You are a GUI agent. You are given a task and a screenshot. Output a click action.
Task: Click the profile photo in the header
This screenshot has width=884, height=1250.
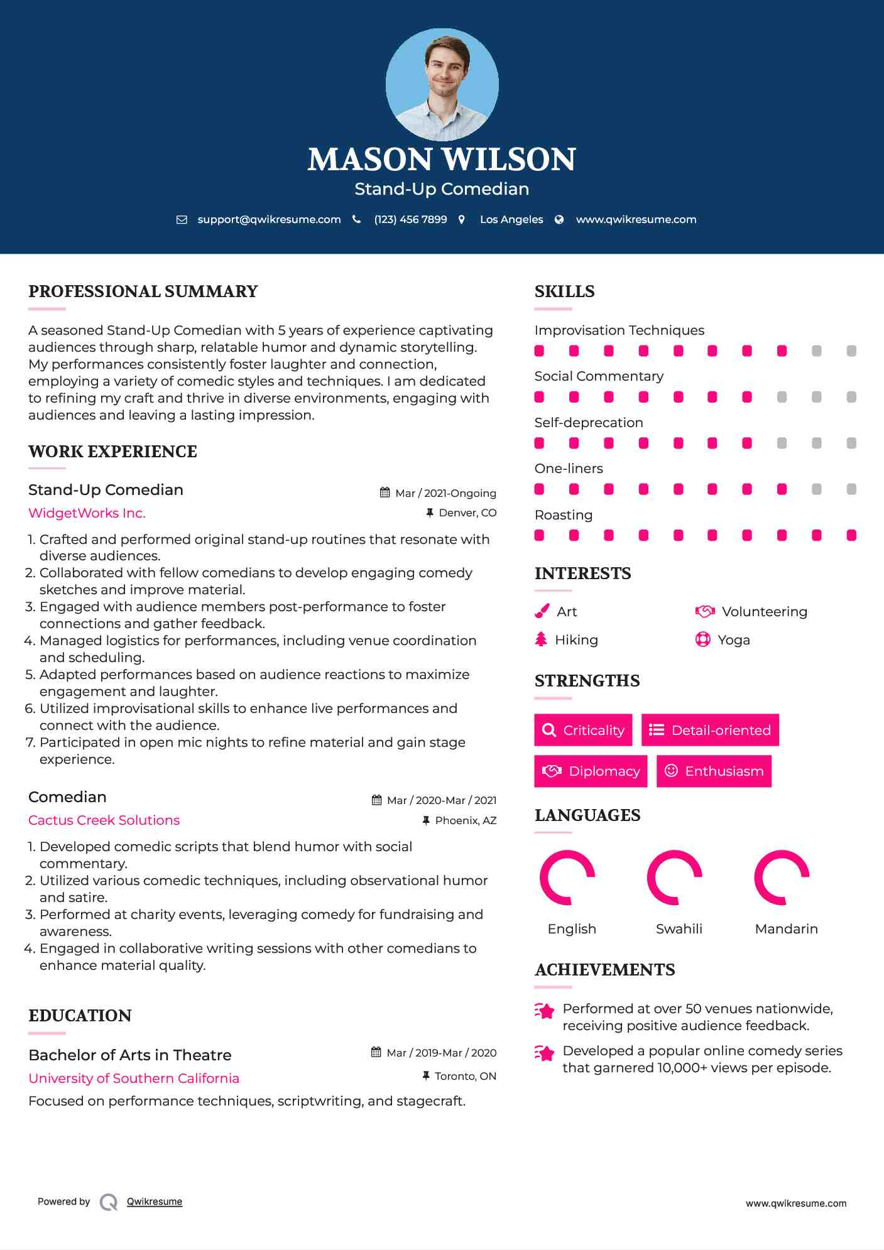point(442,84)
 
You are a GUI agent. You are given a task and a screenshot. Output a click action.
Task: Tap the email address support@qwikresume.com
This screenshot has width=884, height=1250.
point(269,219)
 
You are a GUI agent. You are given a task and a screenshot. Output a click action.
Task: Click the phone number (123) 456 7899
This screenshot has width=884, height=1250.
point(410,219)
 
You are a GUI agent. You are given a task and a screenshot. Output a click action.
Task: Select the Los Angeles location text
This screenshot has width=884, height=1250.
point(511,219)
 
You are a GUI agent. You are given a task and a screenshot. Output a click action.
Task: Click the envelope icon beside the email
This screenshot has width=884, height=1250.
point(182,219)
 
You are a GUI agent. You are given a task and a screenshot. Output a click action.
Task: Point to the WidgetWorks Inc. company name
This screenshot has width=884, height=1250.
point(87,513)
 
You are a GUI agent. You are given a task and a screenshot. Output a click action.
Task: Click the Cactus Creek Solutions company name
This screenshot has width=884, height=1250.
point(104,820)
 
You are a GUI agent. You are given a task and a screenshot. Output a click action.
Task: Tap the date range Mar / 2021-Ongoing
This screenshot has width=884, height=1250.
point(445,493)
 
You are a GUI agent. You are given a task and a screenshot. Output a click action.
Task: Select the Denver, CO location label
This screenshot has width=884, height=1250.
point(467,513)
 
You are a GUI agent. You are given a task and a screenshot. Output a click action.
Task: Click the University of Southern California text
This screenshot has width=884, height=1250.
point(134,1079)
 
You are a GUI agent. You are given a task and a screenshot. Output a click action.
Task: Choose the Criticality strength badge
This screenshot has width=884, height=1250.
point(583,730)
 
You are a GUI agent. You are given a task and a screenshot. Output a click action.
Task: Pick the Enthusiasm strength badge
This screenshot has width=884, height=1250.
point(714,771)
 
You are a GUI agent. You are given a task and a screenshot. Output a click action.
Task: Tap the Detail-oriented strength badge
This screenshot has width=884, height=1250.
point(710,730)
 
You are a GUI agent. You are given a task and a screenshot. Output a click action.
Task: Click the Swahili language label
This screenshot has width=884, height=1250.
point(679,928)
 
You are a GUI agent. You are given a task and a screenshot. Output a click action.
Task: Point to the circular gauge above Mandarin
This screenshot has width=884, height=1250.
point(782,878)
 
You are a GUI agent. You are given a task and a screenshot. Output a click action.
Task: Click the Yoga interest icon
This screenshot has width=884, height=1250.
point(702,639)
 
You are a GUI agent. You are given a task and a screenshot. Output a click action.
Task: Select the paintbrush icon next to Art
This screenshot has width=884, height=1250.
point(542,611)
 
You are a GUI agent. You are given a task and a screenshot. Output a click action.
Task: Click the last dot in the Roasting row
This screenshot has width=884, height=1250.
point(851,535)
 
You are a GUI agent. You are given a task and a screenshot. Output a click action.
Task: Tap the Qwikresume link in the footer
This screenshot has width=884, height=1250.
point(155,1202)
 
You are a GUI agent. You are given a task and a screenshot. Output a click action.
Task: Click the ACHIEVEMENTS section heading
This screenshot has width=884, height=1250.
point(604,970)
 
